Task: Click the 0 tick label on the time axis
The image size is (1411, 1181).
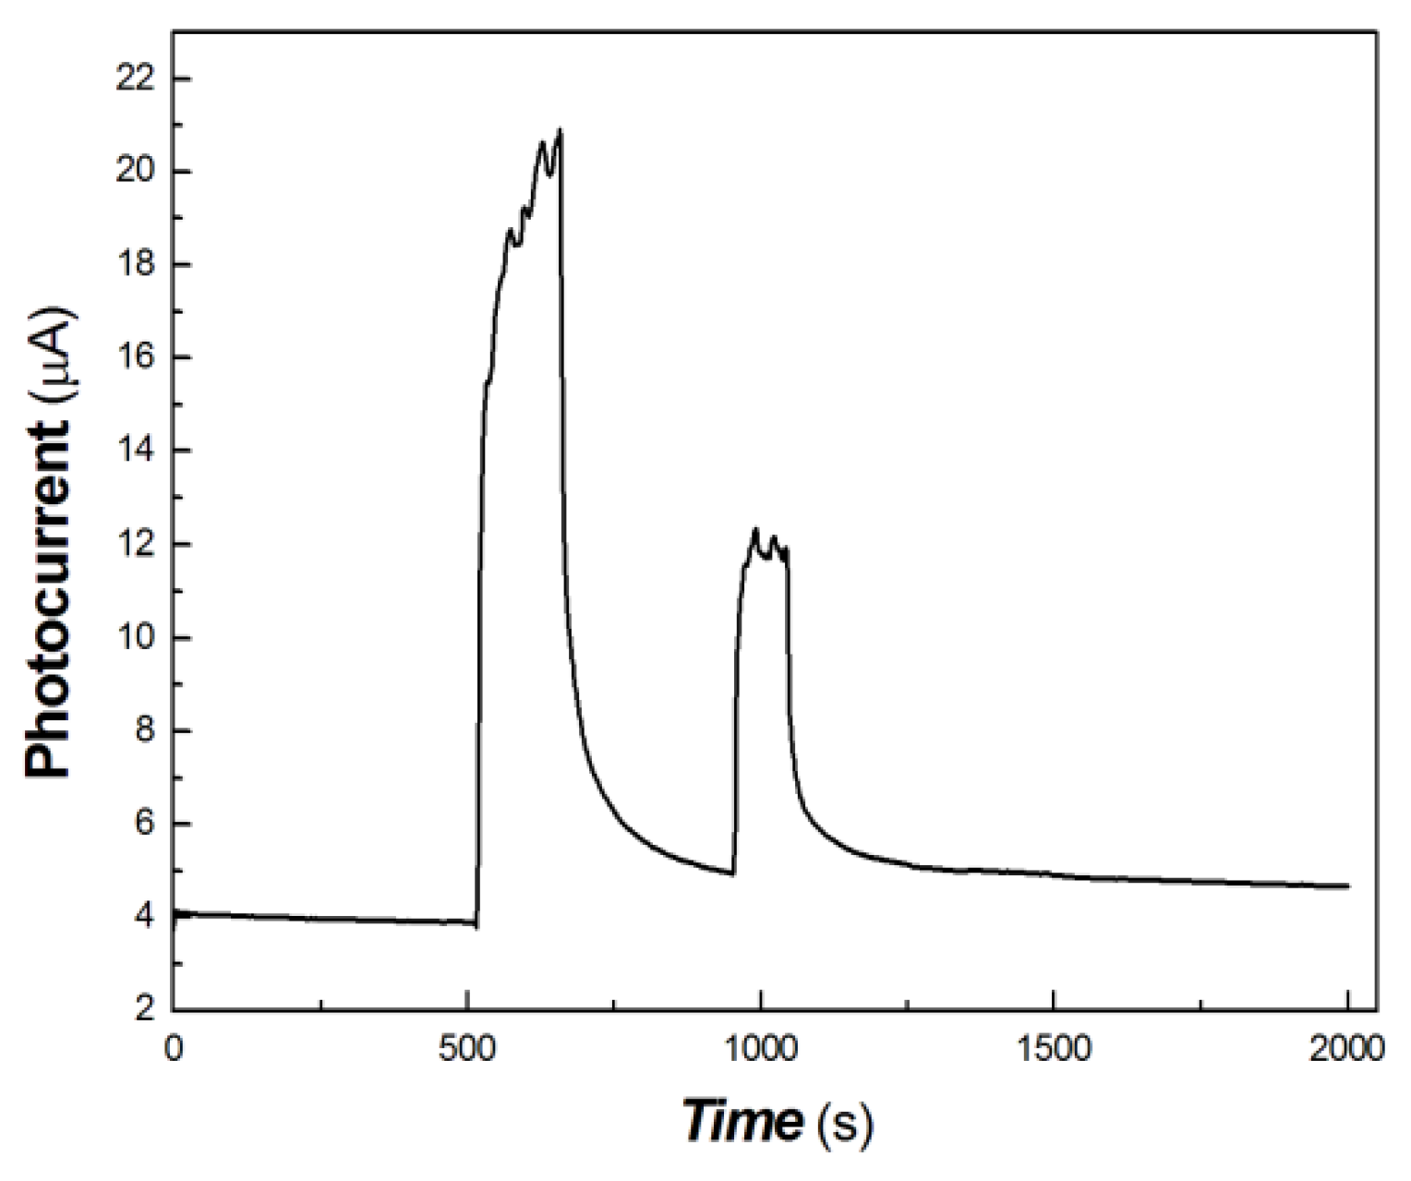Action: [x=174, y=1051]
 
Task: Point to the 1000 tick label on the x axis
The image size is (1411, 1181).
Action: [x=760, y=1051]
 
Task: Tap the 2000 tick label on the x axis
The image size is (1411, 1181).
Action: [x=1347, y=1051]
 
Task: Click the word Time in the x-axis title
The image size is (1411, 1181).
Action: [x=742, y=1121]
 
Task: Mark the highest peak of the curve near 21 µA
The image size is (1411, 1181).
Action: [x=561, y=130]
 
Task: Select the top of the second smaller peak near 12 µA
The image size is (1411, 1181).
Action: [x=755, y=529]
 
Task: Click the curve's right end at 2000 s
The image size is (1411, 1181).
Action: [x=1347, y=886]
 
